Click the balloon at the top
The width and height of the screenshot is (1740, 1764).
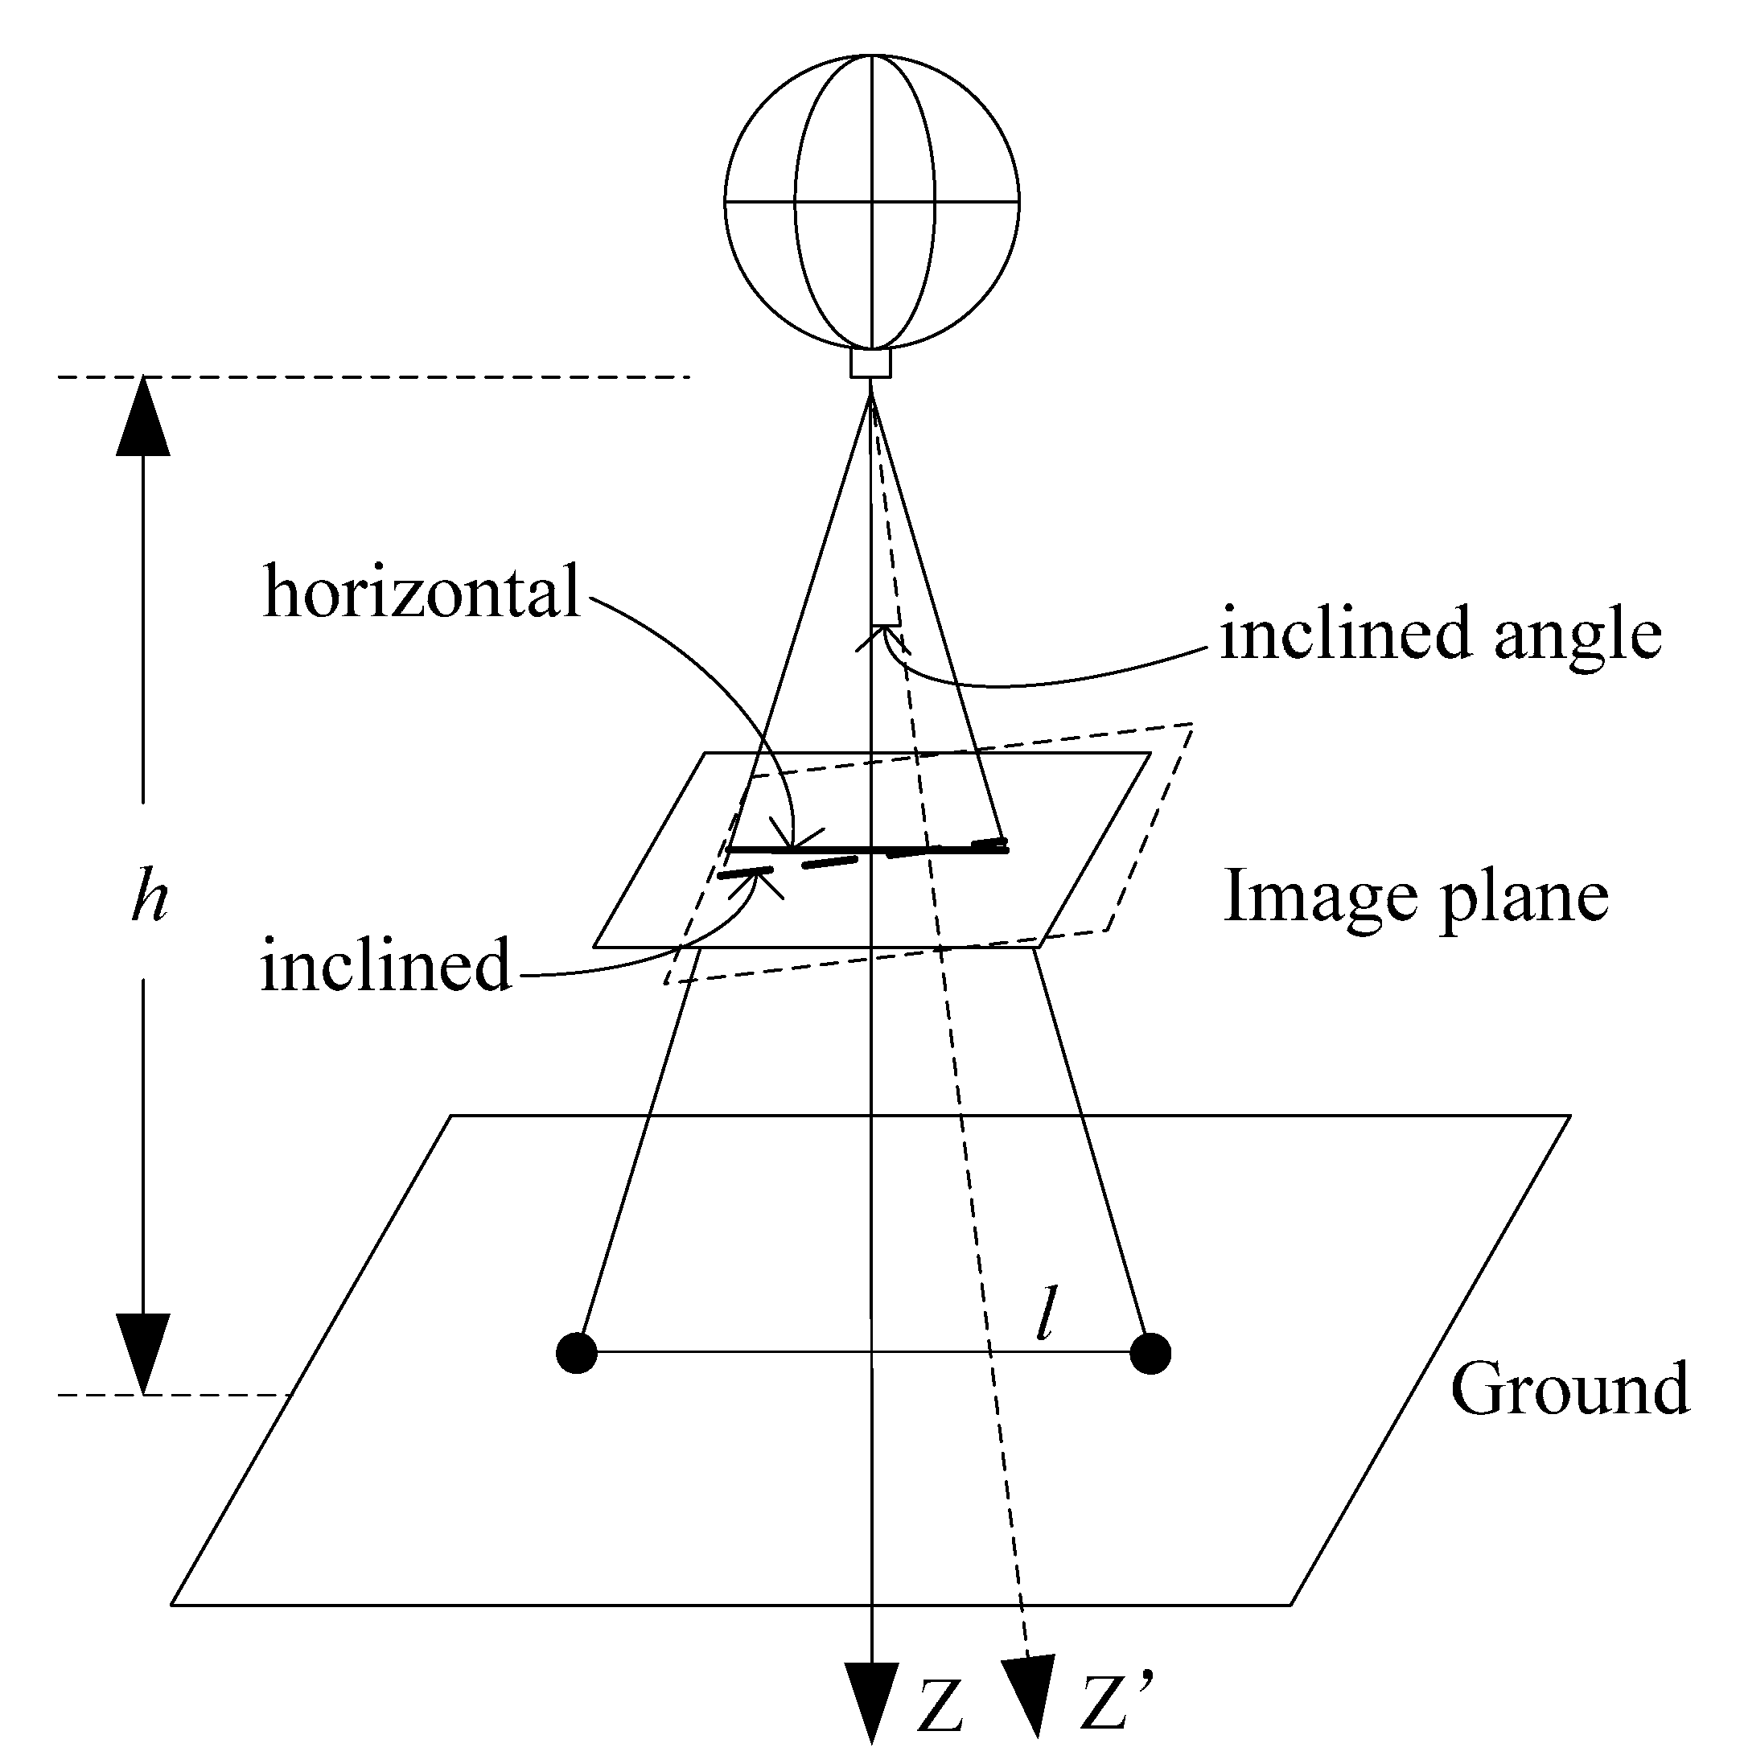click(x=871, y=201)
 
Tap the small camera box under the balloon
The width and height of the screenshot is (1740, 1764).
click(x=870, y=363)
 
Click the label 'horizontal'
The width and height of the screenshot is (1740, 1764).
click(x=421, y=592)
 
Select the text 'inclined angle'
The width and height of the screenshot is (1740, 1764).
click(x=1441, y=633)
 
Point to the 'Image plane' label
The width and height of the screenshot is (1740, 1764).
click(x=1415, y=898)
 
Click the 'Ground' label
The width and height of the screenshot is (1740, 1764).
click(x=1569, y=1388)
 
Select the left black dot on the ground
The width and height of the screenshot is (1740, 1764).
click(x=576, y=1352)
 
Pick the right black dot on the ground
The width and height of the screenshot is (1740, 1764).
click(x=1150, y=1352)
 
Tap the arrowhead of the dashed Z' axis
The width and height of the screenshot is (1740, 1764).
click(x=1030, y=1695)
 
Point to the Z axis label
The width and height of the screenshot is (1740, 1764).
click(x=940, y=1704)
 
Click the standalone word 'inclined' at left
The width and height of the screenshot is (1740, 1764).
click(x=385, y=965)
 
